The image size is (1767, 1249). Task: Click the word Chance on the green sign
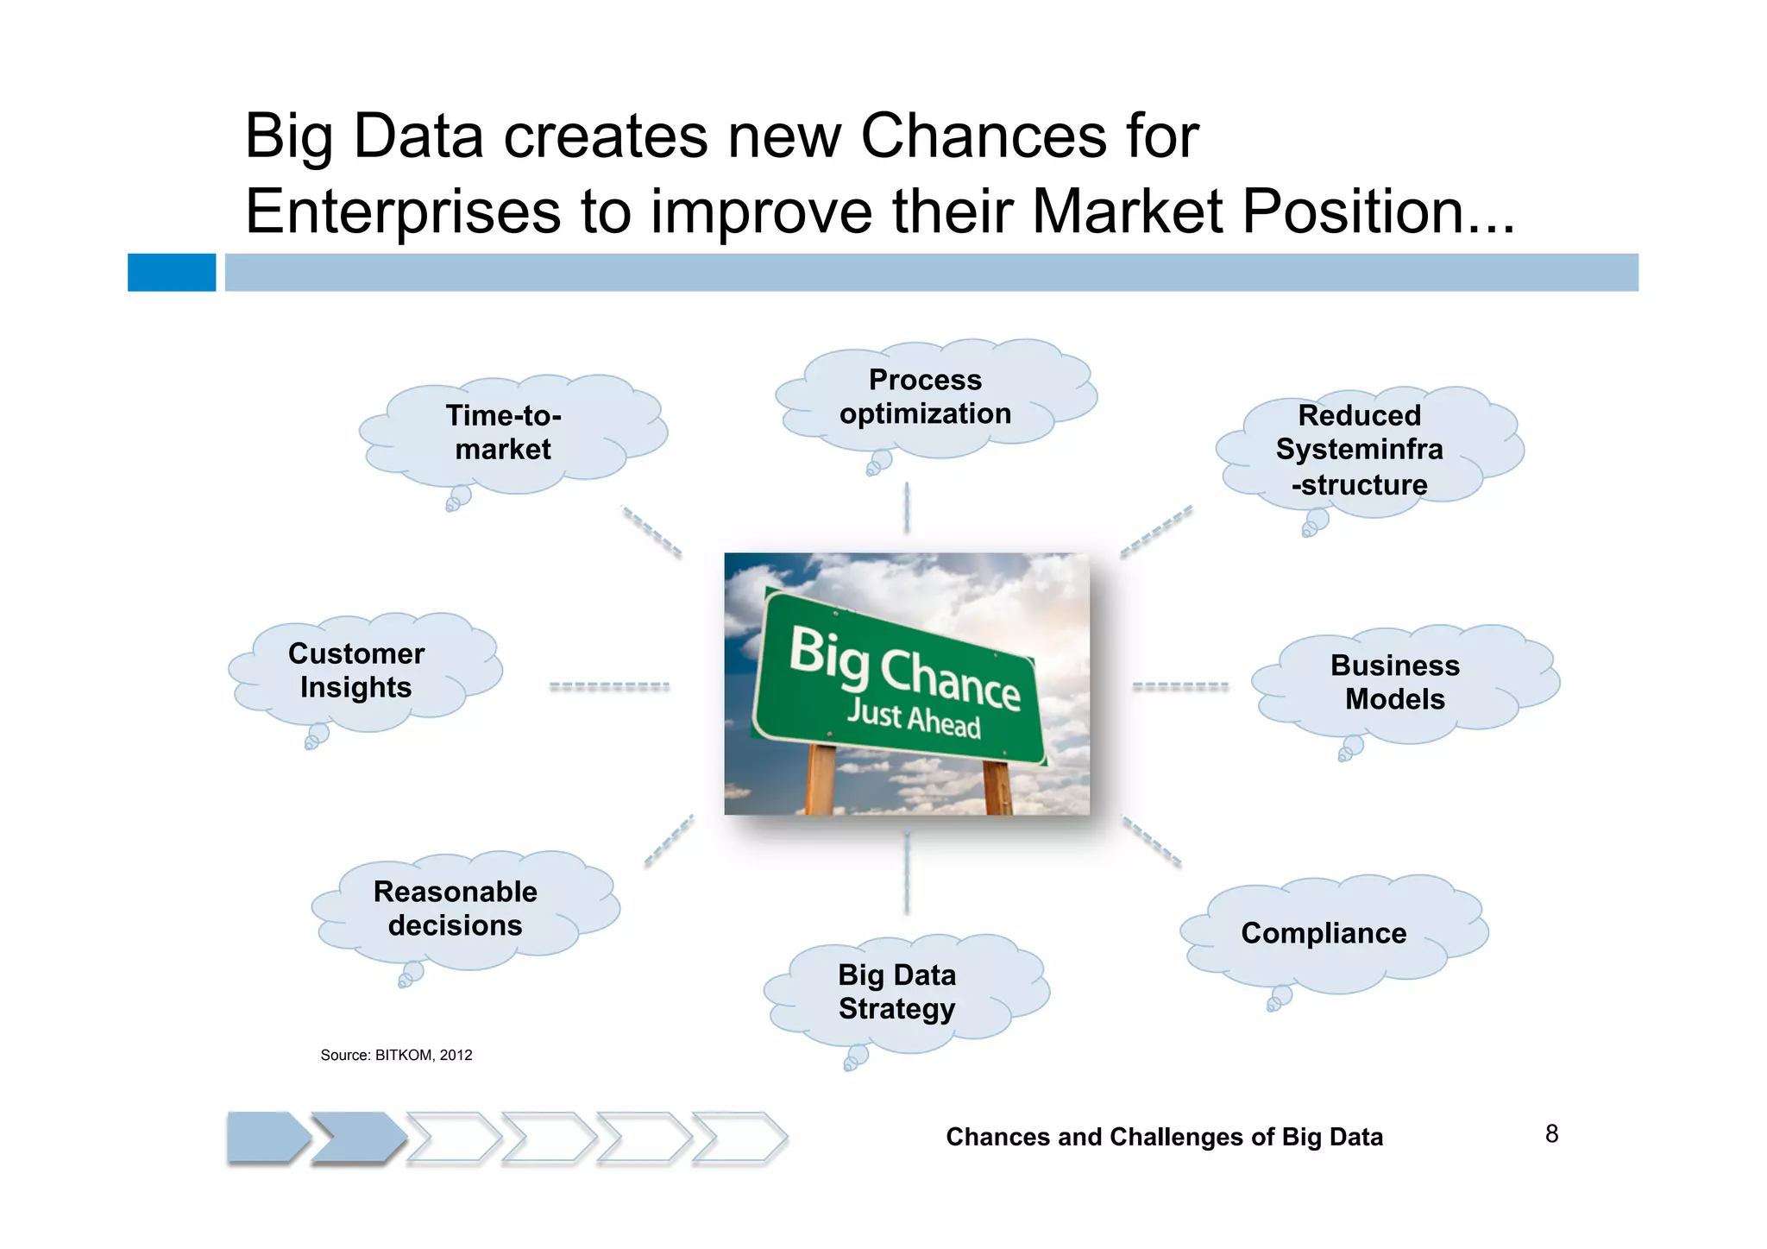click(x=949, y=678)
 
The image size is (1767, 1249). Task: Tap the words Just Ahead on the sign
click(x=913, y=718)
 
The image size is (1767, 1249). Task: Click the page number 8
click(x=1551, y=1134)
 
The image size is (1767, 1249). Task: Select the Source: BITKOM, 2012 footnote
click(x=396, y=1055)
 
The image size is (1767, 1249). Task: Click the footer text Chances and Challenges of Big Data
click(x=1164, y=1137)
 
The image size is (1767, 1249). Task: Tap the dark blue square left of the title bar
click(x=172, y=273)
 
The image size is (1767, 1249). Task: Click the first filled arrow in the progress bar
click(x=266, y=1138)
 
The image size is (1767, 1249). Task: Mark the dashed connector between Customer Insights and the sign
click(x=609, y=686)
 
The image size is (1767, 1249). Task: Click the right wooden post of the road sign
click(x=997, y=788)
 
